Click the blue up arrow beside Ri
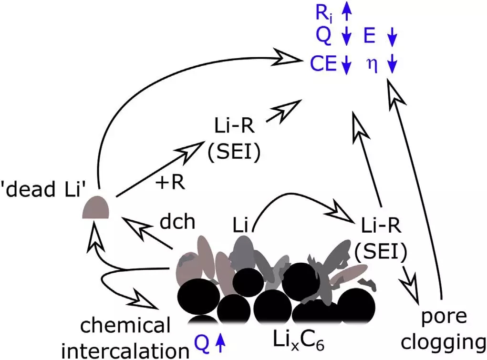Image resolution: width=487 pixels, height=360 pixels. (347, 13)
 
